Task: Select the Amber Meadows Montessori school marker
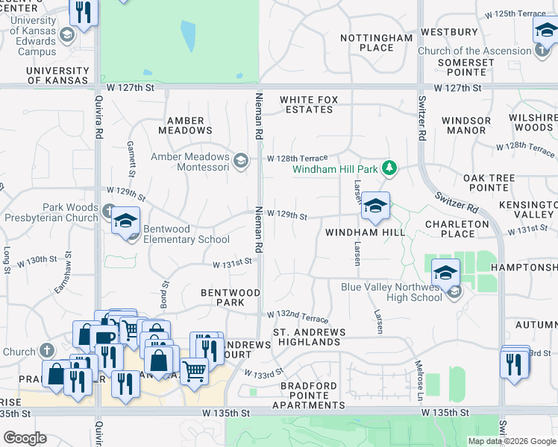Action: (241, 160)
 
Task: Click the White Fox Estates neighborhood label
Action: (307, 104)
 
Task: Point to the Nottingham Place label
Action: (376, 42)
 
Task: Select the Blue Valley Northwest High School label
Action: (392, 292)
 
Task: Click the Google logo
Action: (25, 438)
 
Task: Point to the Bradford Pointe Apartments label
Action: (309, 396)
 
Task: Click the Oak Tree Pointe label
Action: (489, 183)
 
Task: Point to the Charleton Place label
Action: (457, 229)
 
